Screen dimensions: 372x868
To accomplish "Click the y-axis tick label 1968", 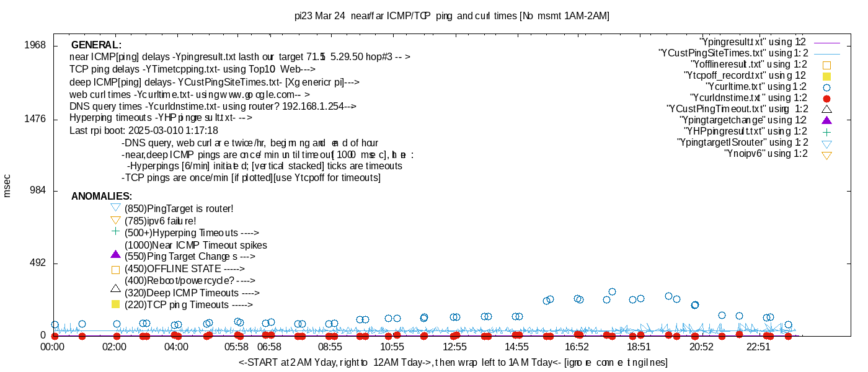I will click(x=35, y=45).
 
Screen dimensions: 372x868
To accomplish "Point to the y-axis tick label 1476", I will click(x=35, y=118).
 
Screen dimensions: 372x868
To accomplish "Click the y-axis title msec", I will click(x=7, y=186).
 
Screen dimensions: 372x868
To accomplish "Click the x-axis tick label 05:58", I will click(x=236, y=348).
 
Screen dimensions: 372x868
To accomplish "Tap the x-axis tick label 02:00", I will click(x=115, y=348).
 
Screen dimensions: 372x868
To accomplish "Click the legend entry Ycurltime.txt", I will click(x=756, y=87).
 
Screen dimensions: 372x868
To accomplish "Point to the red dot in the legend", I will click(x=826, y=98).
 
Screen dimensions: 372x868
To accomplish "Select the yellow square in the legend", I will click(x=826, y=76).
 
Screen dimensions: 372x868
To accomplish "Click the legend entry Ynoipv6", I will click(x=766, y=154).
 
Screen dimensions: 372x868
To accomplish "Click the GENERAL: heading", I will click(x=96, y=45).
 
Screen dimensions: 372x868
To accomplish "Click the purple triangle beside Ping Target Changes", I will click(x=115, y=254).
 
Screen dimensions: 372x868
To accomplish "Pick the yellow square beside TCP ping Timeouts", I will click(x=115, y=304).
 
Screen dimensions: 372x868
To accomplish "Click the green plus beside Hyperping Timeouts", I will click(x=115, y=231).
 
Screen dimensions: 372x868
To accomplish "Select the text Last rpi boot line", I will click(x=144, y=131).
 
